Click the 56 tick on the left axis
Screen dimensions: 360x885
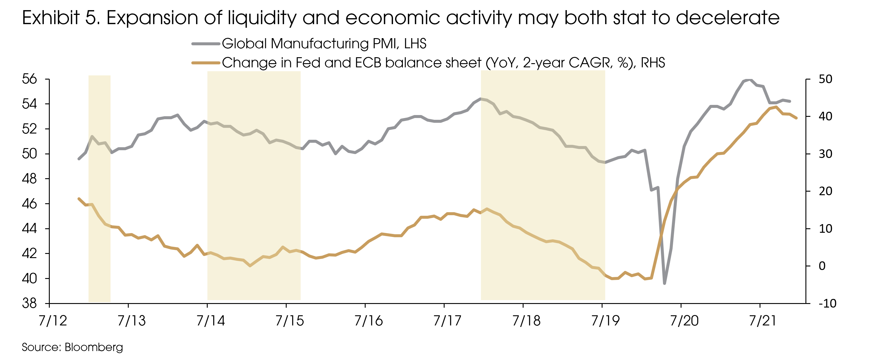coord(29,79)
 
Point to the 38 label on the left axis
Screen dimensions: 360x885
coord(29,304)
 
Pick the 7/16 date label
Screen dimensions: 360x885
coord(368,321)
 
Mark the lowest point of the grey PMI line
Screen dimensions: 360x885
coord(664,283)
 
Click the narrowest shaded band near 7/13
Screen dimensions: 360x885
coord(99,188)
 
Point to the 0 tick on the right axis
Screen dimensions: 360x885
coord(822,266)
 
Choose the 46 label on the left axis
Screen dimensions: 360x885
coord(29,204)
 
